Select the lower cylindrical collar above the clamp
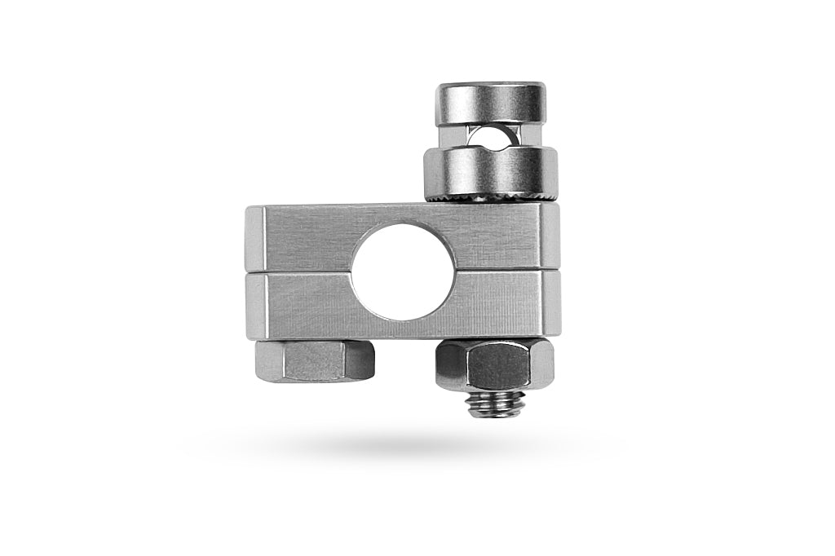(x=490, y=170)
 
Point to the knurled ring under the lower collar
(x=490, y=198)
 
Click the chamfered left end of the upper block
(x=254, y=237)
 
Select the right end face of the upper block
(x=552, y=236)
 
